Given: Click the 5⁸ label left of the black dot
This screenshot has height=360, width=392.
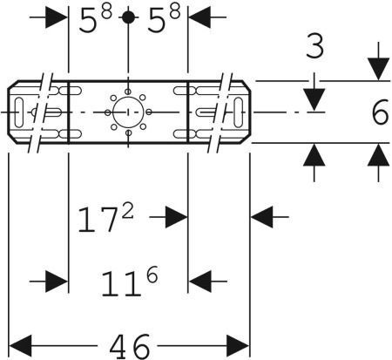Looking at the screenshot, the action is coord(95,19).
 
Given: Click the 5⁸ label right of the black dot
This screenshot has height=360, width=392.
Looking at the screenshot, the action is coord(164,19).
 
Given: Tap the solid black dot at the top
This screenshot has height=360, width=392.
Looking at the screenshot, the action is coord(129,17).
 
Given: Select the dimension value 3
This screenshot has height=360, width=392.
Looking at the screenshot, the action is coord(314,46).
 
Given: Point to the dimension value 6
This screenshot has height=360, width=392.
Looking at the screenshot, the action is coord(380,112).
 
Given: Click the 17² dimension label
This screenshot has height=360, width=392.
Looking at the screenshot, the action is coord(105,219).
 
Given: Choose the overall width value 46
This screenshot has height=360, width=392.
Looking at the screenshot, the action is coord(130,346).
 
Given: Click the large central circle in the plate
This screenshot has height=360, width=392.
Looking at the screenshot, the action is coord(128,112).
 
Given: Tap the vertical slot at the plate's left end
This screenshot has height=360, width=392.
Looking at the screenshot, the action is coord(19,112).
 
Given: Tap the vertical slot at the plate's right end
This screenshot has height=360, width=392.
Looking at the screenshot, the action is coord(239,112).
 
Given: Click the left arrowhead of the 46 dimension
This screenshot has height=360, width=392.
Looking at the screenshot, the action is coord(20,346).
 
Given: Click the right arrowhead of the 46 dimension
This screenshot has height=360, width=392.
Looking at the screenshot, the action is coord(238,346).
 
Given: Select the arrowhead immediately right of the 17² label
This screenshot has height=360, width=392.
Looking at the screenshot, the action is coord(176,217).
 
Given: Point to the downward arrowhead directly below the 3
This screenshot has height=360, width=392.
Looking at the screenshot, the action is coord(314,100).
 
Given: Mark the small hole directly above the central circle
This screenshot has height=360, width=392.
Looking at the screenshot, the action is coord(128,92).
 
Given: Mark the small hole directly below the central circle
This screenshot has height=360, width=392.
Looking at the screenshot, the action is coord(128,133).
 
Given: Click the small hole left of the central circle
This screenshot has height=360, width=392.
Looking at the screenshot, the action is coord(108,112).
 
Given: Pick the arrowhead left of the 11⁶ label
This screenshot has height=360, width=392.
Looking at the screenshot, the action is coord(57,282).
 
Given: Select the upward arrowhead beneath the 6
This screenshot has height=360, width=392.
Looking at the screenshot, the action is coord(378,155).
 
